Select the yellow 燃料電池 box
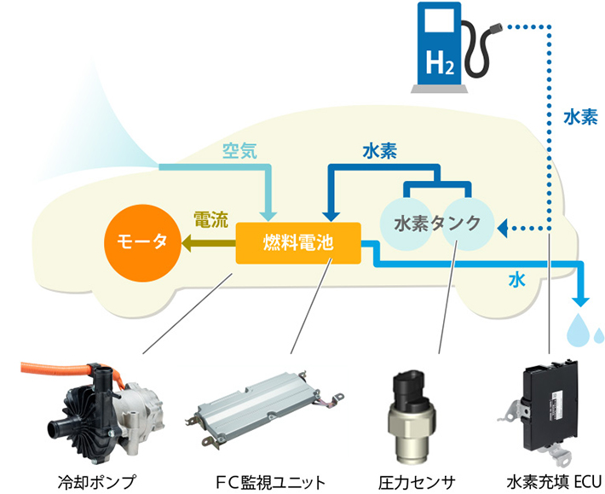pyautogui.click(x=298, y=242)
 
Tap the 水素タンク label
pyautogui.click(x=432, y=224)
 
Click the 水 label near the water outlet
pyautogui.click(x=516, y=279)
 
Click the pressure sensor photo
pyautogui.click(x=412, y=413)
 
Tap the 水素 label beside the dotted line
pyautogui.click(x=579, y=118)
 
